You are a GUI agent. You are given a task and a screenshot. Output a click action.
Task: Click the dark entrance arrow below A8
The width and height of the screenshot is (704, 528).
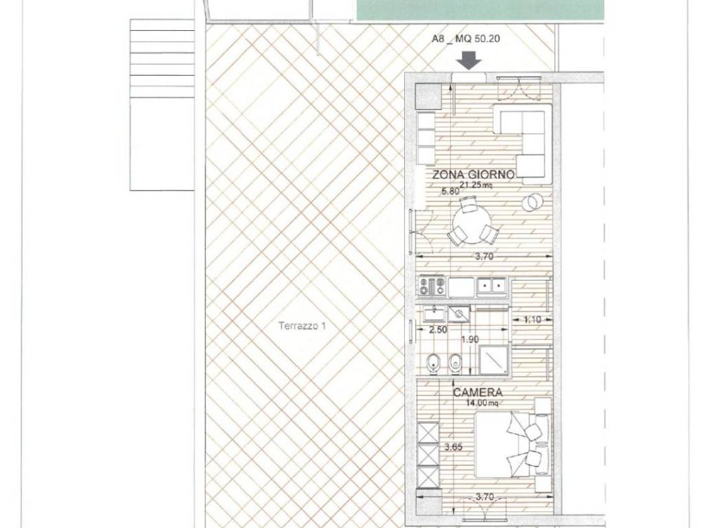point(470,60)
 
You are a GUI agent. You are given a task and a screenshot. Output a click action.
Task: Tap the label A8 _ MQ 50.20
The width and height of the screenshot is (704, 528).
point(465,39)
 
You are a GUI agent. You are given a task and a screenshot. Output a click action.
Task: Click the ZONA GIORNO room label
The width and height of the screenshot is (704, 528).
point(473,175)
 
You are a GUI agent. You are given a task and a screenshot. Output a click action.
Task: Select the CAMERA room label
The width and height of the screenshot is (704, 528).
point(477,393)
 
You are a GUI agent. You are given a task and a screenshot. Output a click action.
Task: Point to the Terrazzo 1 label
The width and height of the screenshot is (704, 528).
point(302,326)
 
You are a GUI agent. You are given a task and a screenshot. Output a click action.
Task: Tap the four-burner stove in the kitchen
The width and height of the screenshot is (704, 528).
point(432,287)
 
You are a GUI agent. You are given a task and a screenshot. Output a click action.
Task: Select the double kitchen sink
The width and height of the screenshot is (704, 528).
point(491,285)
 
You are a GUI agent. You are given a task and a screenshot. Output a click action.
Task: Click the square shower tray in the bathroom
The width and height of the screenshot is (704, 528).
point(494,360)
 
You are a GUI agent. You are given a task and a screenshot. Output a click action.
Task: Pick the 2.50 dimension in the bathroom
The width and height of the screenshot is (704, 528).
point(438,330)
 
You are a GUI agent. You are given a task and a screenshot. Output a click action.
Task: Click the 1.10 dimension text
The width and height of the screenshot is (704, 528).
point(532,320)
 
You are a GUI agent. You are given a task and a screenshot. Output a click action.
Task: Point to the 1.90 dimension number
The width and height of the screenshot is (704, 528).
point(470,340)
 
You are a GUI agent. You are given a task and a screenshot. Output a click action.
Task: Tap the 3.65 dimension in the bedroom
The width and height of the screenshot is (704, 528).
point(453,447)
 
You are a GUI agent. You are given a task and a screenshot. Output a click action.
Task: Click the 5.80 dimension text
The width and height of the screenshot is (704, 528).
point(450,191)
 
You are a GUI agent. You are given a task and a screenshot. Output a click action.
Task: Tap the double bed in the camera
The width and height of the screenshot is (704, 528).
point(512,445)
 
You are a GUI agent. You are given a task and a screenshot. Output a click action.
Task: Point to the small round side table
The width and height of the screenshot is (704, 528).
point(532,203)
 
